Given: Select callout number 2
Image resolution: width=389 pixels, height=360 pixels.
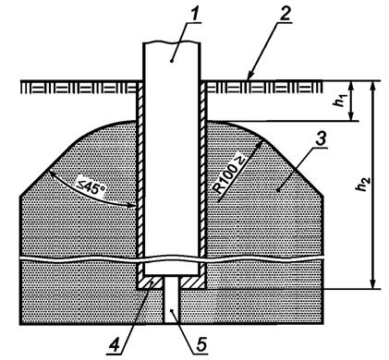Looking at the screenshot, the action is (285, 14).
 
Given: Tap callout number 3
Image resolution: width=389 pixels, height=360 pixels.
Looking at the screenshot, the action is (321, 140).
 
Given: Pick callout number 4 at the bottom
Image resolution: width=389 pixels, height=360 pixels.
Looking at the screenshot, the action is (115, 345).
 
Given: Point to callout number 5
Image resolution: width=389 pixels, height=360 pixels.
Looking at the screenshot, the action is (201, 344).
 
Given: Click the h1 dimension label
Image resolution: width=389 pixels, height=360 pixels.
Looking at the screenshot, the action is (340, 101).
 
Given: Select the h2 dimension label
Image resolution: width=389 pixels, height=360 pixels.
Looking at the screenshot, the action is (364, 184).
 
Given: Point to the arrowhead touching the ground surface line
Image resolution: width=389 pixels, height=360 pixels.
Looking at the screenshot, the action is (249, 78).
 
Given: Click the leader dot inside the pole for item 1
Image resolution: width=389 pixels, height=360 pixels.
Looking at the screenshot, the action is (173, 62).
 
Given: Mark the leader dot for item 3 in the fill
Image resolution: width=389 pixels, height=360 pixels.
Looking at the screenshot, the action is (278, 191).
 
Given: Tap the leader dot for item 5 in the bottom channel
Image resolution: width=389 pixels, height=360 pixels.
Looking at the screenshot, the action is (173, 311).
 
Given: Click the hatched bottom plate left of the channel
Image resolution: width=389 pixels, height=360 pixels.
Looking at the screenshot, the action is (151, 282).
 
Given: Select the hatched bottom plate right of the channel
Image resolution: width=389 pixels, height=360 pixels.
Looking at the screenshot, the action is (193, 282).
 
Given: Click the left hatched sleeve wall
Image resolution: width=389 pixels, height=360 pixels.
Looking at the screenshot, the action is (140, 178).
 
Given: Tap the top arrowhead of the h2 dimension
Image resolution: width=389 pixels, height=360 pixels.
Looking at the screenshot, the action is (373, 86).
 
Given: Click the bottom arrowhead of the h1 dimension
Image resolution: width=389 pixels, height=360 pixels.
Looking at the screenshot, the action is (351, 116).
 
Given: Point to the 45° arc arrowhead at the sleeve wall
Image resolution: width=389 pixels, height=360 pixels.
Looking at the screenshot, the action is (132, 205).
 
